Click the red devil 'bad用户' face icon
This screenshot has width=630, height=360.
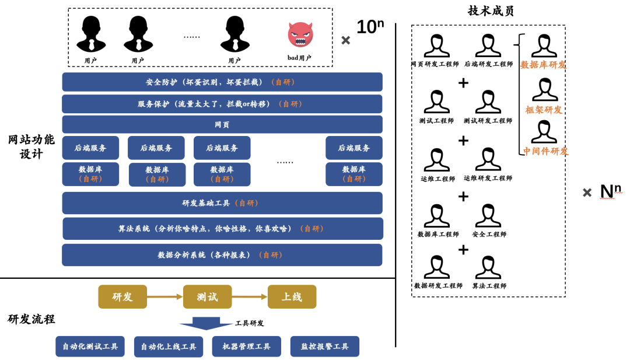(x=300, y=34)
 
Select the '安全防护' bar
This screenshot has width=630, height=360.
(x=222, y=82)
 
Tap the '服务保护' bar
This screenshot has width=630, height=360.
(x=222, y=104)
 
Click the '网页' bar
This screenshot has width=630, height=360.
(x=222, y=124)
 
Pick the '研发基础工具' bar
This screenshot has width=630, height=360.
(x=222, y=203)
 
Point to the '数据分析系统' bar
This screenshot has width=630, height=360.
(x=222, y=255)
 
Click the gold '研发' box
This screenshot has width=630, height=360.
(x=123, y=296)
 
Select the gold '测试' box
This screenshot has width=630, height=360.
(x=207, y=296)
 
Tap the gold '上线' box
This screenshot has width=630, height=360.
(x=292, y=296)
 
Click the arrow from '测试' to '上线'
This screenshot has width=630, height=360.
(x=250, y=296)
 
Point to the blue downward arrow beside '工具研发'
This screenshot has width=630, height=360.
(x=205, y=323)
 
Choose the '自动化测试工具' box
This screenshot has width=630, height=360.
(x=90, y=347)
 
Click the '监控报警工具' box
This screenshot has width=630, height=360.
(x=325, y=347)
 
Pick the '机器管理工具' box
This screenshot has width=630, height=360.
(x=246, y=347)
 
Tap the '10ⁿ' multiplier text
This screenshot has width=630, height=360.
(x=370, y=27)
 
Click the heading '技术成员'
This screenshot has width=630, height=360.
(x=491, y=11)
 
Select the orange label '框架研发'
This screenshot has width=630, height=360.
(x=544, y=110)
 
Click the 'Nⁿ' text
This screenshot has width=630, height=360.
(x=610, y=191)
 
